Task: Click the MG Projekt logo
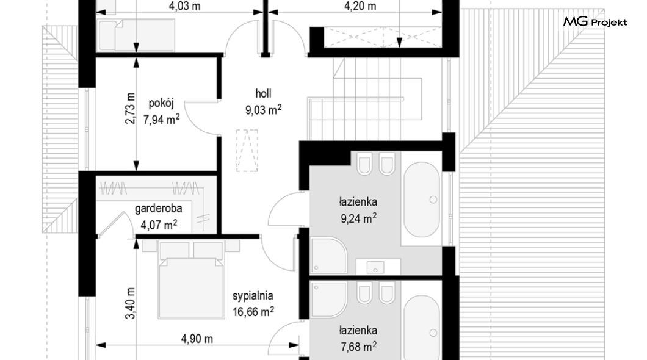(595, 21)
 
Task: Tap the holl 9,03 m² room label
(263, 102)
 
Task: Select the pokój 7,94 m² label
(161, 111)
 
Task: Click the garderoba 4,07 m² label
(159, 217)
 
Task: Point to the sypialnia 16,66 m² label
(253, 304)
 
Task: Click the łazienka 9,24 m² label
(358, 211)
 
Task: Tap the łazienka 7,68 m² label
(358, 339)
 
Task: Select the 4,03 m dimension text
(184, 6)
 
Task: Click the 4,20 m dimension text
(360, 6)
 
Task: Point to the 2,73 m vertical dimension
(130, 108)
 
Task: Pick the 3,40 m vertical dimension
(130, 303)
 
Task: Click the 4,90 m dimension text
(197, 339)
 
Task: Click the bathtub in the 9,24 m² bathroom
(421, 200)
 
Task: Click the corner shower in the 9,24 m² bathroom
(328, 255)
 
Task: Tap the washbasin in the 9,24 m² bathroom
(375, 267)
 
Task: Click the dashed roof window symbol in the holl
(247, 151)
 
